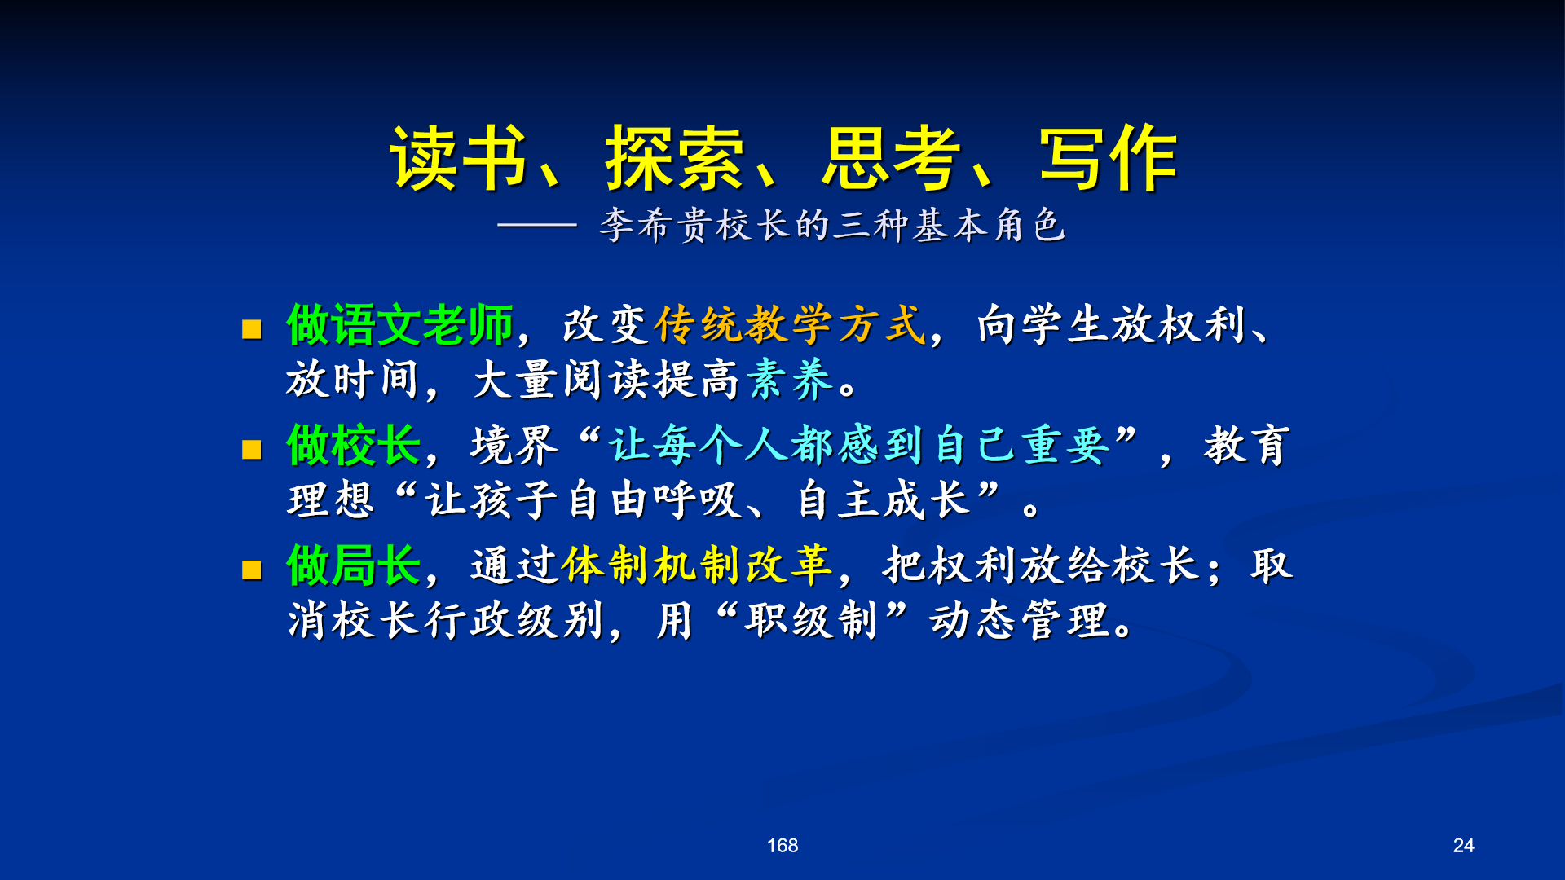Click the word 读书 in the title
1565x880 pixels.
tap(459, 158)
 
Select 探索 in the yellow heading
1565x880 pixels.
tap(675, 158)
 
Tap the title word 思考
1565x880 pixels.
tap(891, 158)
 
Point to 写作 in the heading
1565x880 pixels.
tap(1109, 158)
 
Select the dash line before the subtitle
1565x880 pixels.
tap(537, 225)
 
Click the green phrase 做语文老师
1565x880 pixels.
tap(399, 325)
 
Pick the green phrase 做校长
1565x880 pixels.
tap(354, 445)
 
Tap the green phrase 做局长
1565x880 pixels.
tap(354, 565)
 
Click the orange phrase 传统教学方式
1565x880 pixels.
tap(790, 325)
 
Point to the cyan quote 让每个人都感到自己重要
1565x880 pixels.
tap(859, 445)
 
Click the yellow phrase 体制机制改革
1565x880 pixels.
tap(696, 565)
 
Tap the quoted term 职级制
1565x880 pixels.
tap(811, 620)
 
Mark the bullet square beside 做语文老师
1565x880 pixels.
tap(252, 328)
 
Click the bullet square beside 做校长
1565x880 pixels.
tap(252, 449)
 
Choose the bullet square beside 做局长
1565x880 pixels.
tap(252, 569)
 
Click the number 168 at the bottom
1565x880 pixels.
tap(782, 846)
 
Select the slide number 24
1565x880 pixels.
tap(1464, 846)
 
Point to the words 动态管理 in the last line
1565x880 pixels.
tap(1019, 620)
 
